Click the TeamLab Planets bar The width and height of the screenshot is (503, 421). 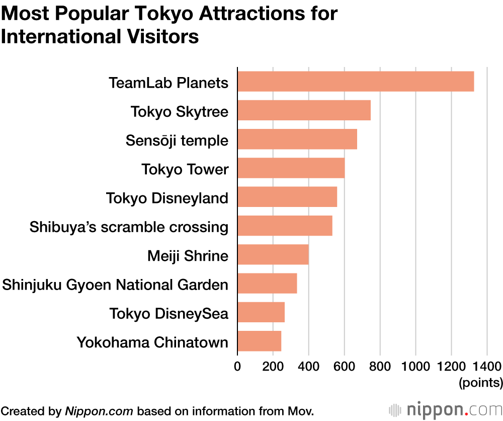[x=356, y=82]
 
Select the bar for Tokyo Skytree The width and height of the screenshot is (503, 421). [x=304, y=110]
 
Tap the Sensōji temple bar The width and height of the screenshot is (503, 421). [x=297, y=139]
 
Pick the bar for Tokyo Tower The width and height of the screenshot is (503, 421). [x=291, y=168]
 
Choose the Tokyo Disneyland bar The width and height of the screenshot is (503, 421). [x=287, y=197]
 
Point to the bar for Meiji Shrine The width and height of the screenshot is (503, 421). [x=273, y=255]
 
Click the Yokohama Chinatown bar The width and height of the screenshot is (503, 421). [x=259, y=341]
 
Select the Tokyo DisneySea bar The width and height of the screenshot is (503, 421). [x=261, y=313]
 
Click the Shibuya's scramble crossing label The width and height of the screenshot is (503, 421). [x=129, y=227]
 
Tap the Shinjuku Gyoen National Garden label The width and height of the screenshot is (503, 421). [x=115, y=285]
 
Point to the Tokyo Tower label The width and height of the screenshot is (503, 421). [x=185, y=169]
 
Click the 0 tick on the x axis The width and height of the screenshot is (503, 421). [x=237, y=366]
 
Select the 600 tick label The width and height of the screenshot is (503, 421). [x=344, y=366]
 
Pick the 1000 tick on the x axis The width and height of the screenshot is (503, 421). [x=415, y=366]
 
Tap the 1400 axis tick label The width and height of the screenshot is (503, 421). [x=487, y=366]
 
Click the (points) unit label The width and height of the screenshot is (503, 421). [x=480, y=383]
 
